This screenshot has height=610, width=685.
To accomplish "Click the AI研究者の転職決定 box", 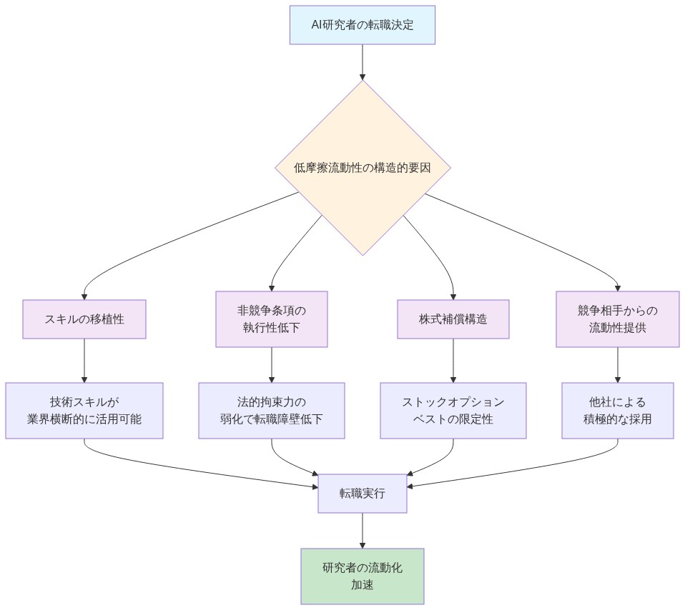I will [363, 25].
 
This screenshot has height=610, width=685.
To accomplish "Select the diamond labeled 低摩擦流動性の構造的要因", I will [363, 168].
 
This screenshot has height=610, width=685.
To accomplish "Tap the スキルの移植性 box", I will [84, 319].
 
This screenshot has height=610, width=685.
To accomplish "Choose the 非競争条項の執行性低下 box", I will [272, 319].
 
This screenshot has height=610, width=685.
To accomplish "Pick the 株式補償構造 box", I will [453, 319].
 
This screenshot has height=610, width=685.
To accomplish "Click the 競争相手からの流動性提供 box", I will [617, 319].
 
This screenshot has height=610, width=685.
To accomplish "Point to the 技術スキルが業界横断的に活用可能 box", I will [84, 411].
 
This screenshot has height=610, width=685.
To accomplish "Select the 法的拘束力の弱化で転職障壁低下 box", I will [272, 411].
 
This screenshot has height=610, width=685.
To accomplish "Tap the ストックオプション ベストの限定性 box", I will [453, 411].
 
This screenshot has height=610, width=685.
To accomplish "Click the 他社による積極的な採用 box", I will [617, 411].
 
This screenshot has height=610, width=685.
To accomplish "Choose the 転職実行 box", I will [363, 494].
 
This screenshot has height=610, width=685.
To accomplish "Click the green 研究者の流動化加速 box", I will [363, 576].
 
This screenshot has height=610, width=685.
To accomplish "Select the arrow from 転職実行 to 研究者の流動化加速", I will [363, 531].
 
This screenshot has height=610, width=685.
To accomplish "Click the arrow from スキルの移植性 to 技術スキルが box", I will [84, 361].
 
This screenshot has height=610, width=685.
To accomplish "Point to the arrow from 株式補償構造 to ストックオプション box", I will [453, 361].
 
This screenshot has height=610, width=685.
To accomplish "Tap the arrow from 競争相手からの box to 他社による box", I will [617, 365].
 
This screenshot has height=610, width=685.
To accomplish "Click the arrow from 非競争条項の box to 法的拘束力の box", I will [272, 365].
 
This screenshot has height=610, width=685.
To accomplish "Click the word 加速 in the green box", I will [363, 585].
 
